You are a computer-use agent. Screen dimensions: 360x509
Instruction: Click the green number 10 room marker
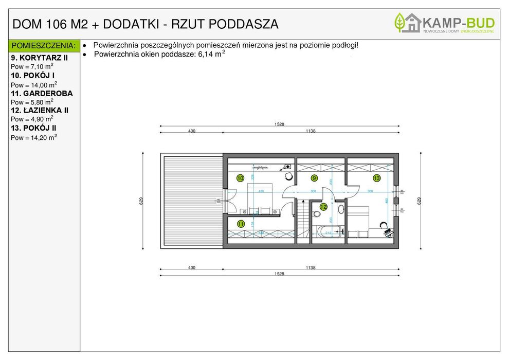240,178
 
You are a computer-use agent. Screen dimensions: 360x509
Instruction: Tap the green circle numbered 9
314,178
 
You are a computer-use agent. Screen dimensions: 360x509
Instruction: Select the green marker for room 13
376,178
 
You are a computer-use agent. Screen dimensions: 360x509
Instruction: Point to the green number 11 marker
241,224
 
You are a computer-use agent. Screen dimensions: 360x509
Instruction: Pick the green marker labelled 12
323,207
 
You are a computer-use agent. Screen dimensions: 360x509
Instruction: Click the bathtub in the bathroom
329,231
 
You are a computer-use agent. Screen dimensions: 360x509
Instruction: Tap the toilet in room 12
341,210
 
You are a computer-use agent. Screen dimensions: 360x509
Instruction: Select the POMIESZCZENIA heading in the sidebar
44,46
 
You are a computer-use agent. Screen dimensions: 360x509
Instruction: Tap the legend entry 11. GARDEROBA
42,94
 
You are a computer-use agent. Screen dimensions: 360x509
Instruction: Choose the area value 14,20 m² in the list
34,138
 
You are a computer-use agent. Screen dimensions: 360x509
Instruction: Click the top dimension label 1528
279,124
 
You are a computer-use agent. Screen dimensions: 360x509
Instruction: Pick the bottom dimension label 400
192,267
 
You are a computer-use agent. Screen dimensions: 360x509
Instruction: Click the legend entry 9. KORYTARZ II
39,58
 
